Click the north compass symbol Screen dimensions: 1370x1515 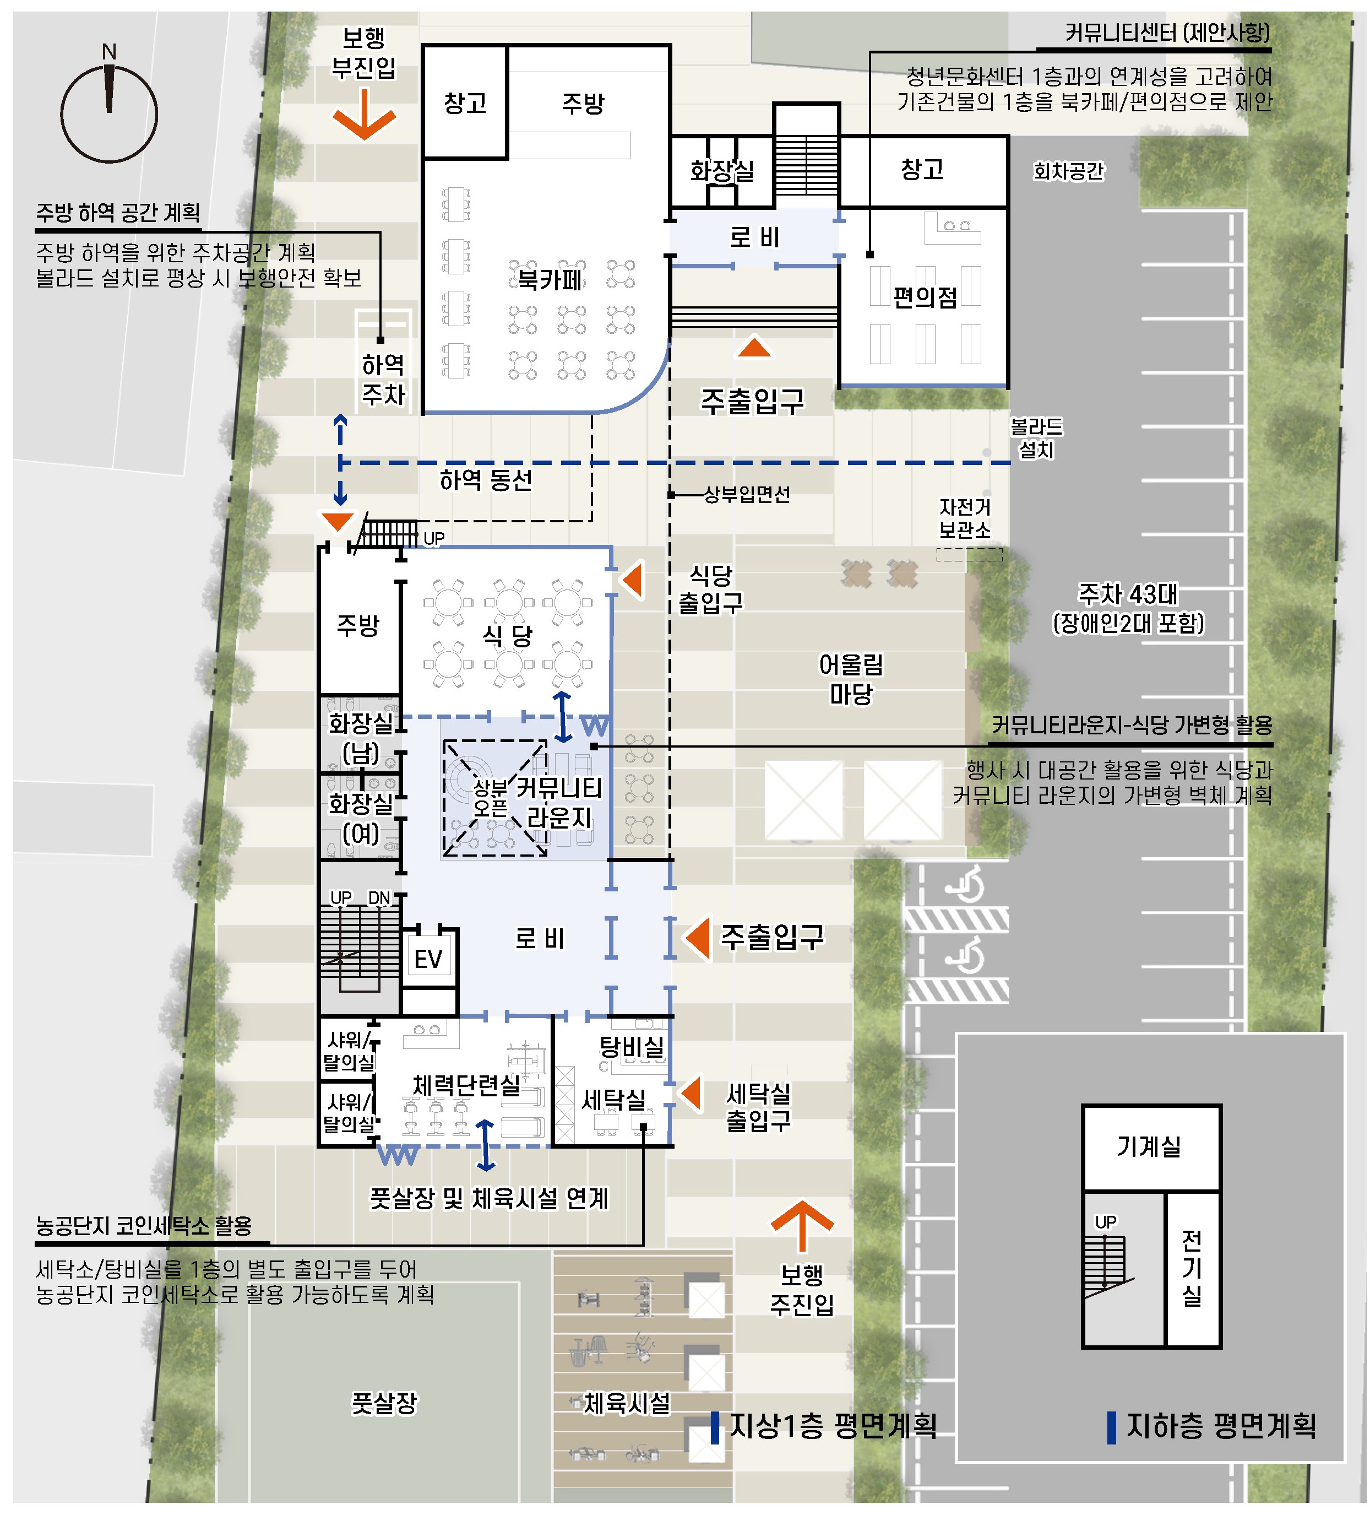[x=109, y=113]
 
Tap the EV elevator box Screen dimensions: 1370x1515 [x=429, y=959]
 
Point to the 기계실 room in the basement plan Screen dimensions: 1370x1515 [x=1150, y=1147]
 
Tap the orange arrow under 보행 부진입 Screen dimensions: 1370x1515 [x=365, y=114]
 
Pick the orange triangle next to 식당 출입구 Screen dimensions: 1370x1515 [x=633, y=580]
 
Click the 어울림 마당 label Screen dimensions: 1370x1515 [x=851, y=679]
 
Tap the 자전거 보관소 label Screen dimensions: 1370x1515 [x=965, y=518]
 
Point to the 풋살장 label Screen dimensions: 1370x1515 [x=384, y=1403]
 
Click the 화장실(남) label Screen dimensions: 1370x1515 [x=361, y=738]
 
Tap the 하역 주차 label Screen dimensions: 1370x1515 [x=384, y=380]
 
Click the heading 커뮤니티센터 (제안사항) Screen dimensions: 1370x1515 [x=1167, y=33]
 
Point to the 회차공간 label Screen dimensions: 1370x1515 [x=1069, y=171]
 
